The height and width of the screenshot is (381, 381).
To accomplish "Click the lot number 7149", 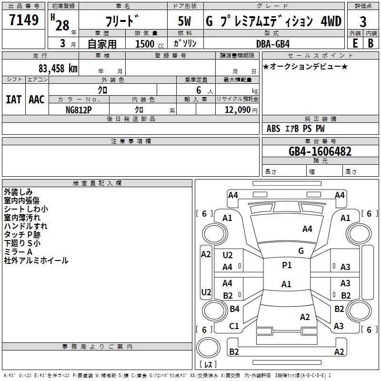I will pyautogui.click(x=24, y=21).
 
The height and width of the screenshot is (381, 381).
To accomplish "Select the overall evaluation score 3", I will pyautogui.click(x=363, y=21).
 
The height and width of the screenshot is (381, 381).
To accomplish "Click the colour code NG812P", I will pyautogui.click(x=79, y=109).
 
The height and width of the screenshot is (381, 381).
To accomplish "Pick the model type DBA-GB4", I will pyautogui.click(x=272, y=43).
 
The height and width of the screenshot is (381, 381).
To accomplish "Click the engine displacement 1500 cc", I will pyautogui.click(x=148, y=44).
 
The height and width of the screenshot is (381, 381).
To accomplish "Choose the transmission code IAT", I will pyautogui.click(x=13, y=100).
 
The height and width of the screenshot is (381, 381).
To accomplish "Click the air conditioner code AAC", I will pyautogui.click(x=36, y=100).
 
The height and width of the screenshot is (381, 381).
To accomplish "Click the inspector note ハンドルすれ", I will pyautogui.click(x=26, y=226).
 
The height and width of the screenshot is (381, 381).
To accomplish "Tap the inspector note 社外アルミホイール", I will pyautogui.click(x=36, y=261).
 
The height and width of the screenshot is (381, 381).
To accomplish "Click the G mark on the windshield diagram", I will pyautogui.click(x=301, y=251).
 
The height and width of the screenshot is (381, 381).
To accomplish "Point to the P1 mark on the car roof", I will pyautogui.click(x=287, y=265).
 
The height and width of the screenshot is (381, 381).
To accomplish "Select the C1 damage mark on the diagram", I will pyautogui.click(x=234, y=326).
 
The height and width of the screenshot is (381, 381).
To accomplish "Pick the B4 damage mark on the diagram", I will pyautogui.click(x=234, y=309).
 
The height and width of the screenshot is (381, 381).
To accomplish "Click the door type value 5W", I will pyautogui.click(x=185, y=21).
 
